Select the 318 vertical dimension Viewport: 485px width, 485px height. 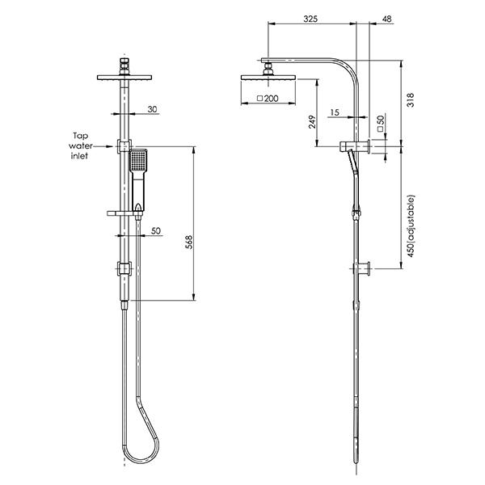coord(412,101)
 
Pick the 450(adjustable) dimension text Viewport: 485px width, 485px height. coord(412,226)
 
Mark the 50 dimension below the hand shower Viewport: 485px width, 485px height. coord(156,230)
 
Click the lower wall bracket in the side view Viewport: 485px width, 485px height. coord(364,268)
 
